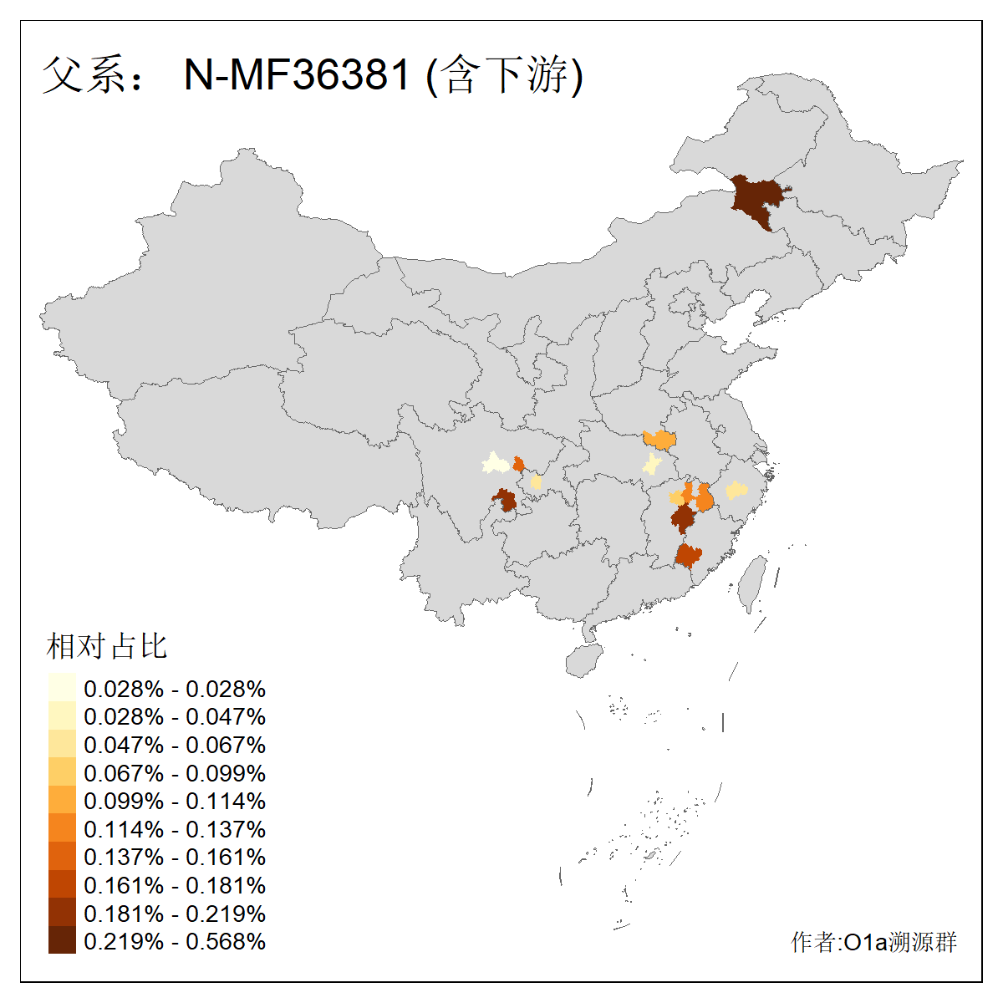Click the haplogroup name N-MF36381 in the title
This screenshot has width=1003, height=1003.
tap(298, 75)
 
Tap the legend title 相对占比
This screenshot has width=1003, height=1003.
tap(107, 646)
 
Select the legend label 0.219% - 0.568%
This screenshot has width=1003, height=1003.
tap(175, 941)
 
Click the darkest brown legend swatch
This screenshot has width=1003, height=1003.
tap(62, 940)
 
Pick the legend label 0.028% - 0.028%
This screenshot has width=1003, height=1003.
tap(175, 689)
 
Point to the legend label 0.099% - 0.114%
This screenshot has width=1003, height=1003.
tap(175, 801)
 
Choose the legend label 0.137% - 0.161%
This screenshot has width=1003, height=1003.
tap(175, 857)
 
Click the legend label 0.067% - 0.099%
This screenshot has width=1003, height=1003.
tap(175, 773)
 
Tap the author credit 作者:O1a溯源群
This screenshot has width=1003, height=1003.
tap(873, 942)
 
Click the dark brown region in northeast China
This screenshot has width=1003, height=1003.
tap(758, 201)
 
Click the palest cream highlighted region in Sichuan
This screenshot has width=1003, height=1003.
tap(495, 462)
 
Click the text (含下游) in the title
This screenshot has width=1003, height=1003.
tap(505, 75)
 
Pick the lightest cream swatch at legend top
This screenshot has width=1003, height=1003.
tap(62, 688)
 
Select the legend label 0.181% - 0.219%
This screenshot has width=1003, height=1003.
tap(175, 913)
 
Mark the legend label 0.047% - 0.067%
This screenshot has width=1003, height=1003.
tap(175, 745)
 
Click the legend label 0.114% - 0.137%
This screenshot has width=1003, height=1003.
tap(175, 829)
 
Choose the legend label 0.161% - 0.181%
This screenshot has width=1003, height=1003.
tap(175, 885)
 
